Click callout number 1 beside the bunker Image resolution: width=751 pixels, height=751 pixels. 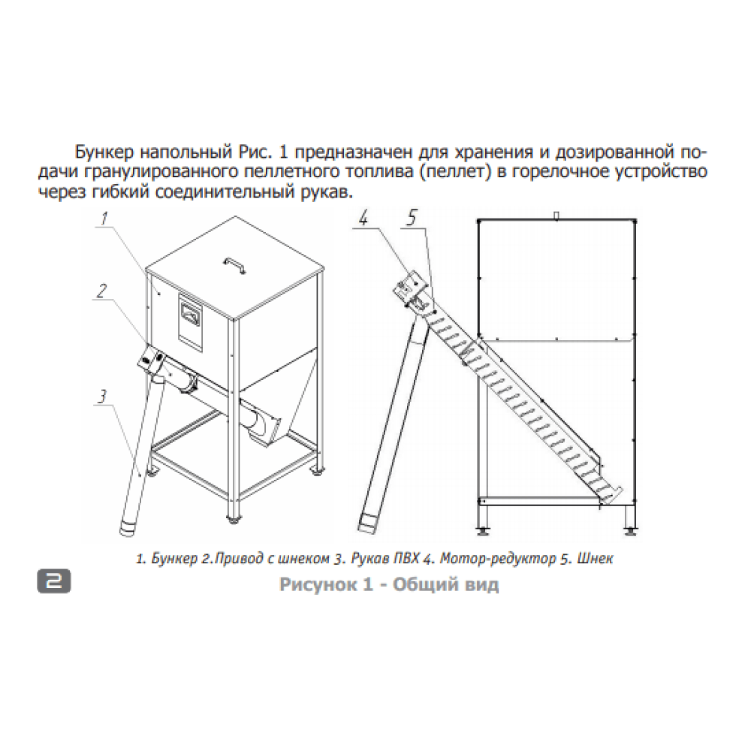pyautogui.click(x=104, y=220)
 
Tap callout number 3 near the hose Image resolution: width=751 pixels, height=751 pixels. pyautogui.click(x=101, y=397)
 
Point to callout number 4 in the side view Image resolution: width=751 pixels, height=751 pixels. pyautogui.click(x=363, y=219)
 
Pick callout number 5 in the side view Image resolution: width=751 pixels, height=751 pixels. pyautogui.click(x=412, y=218)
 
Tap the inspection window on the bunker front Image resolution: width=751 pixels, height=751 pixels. pyautogui.click(x=191, y=315)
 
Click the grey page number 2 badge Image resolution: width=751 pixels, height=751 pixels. pyautogui.click(x=53, y=581)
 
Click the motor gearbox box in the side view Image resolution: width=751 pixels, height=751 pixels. pyautogui.click(x=408, y=286)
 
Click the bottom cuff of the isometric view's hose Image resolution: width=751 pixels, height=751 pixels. pyautogui.click(x=128, y=527)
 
